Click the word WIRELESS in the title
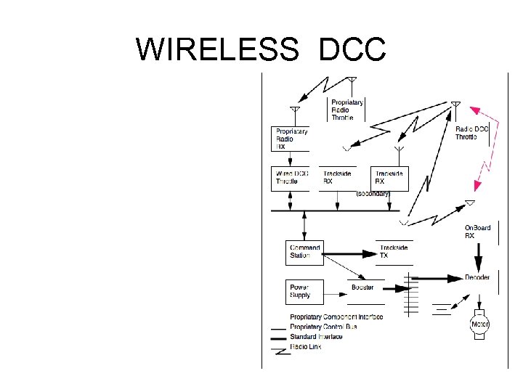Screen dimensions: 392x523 (216, 50)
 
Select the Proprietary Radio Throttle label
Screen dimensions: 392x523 (348, 110)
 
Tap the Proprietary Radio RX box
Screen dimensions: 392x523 (291, 139)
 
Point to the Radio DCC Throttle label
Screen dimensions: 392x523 (471, 134)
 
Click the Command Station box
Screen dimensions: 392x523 (305, 252)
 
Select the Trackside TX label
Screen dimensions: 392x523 (394, 252)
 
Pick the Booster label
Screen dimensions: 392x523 (363, 287)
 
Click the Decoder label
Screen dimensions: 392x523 (477, 277)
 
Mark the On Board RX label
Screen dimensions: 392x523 (477, 232)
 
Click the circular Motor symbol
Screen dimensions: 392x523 (479, 324)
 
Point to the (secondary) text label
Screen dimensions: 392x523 (373, 194)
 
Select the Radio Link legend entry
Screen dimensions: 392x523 (305, 347)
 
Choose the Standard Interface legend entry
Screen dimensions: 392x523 (316, 337)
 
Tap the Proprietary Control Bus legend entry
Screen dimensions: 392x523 (323, 327)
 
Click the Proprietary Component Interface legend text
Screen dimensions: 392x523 (336, 317)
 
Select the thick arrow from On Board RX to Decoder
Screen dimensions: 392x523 (478, 256)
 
